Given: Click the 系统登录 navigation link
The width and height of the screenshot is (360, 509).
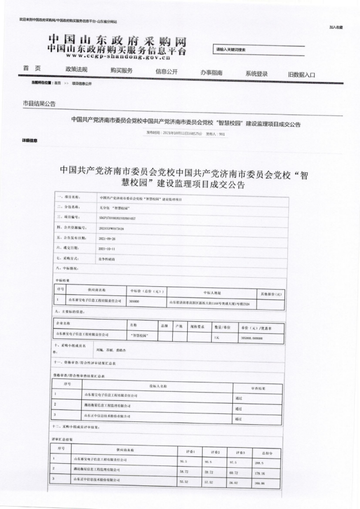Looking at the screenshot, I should (256, 74).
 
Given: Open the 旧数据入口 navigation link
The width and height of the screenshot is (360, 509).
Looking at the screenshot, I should (302, 74).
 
